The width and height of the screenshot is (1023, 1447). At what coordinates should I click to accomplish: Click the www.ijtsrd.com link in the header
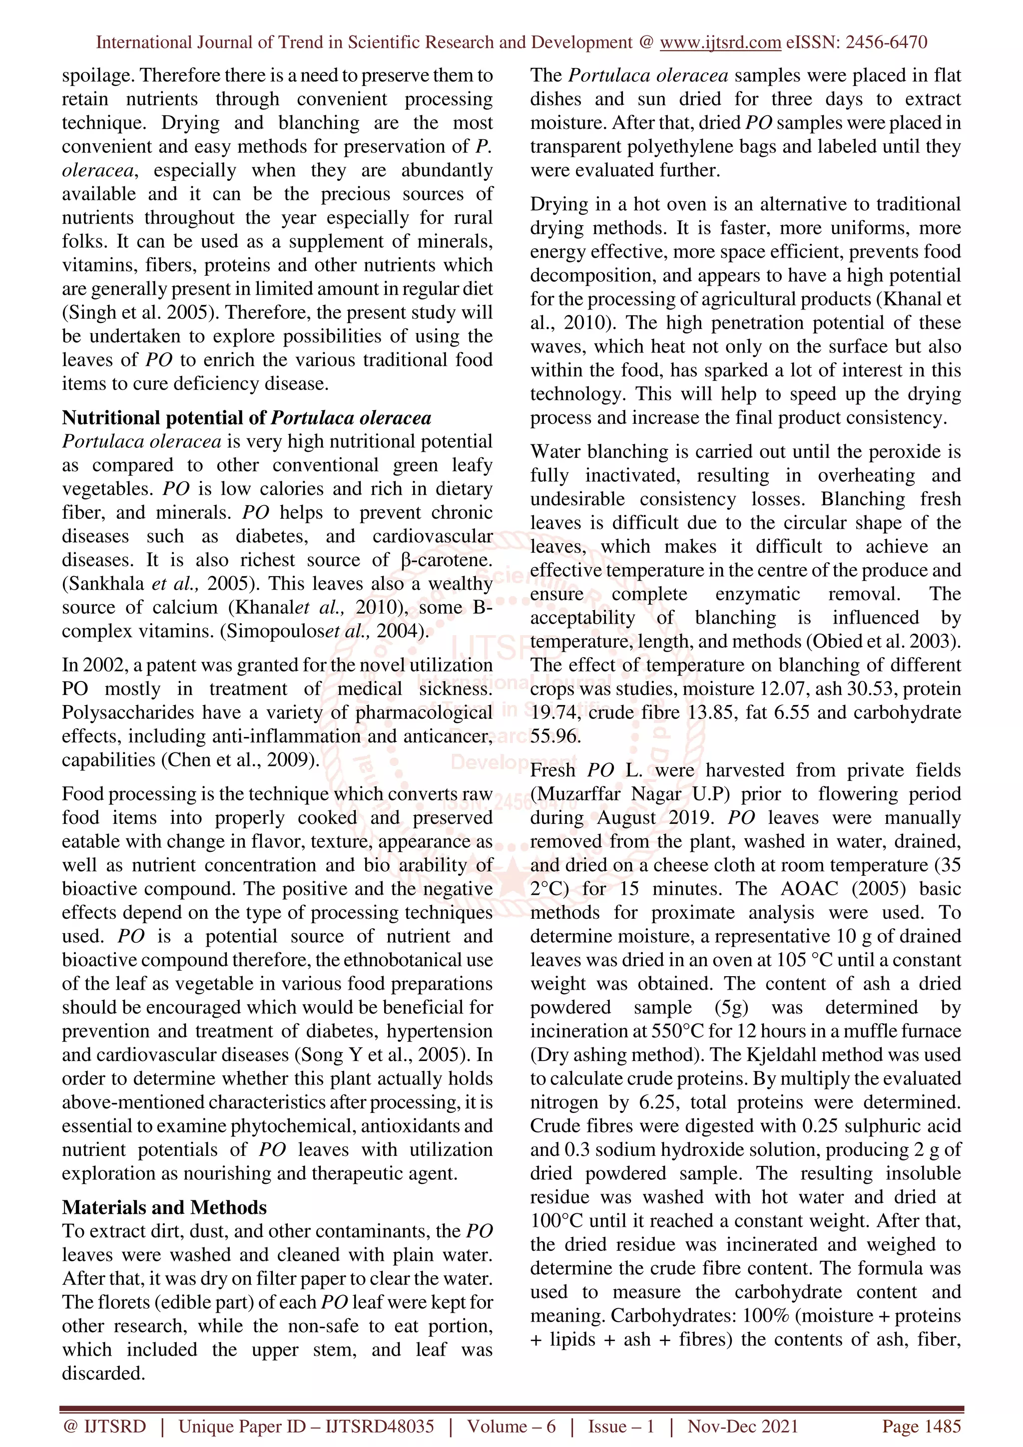(720, 42)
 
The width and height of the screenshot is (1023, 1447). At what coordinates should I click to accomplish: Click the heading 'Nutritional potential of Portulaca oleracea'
(246, 418)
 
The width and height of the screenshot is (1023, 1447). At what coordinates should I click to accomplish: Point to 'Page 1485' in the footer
(921, 1426)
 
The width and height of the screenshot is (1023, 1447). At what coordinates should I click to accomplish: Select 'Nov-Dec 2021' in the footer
(742, 1426)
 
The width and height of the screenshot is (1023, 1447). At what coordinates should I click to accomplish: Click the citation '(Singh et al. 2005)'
(140, 313)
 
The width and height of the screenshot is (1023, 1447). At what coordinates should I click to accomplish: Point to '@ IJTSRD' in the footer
(104, 1426)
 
